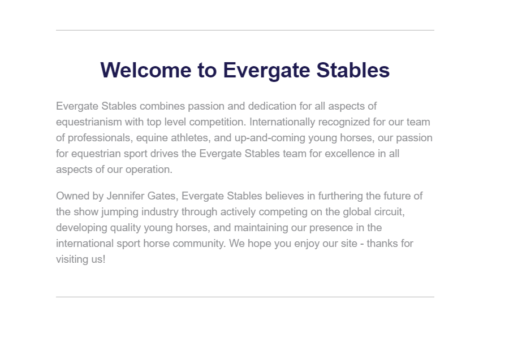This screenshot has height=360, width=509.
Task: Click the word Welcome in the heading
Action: tap(146, 70)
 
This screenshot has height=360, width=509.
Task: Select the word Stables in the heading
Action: tap(353, 70)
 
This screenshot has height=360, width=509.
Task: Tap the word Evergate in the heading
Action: tap(266, 71)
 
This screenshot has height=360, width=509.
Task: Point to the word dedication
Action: tap(272, 106)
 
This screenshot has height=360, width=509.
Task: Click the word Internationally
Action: tap(282, 122)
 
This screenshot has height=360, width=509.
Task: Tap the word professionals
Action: tap(100, 138)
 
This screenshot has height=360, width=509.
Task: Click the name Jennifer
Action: tap(126, 196)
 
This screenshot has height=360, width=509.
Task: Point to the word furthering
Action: tap(340, 197)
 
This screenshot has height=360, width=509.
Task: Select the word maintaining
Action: tap(261, 228)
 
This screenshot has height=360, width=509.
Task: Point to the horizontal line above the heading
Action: tap(245, 30)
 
